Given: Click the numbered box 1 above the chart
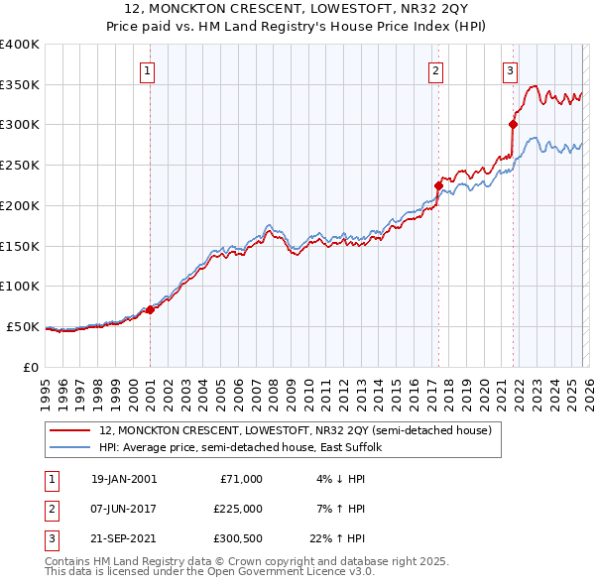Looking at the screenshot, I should coord(147,70).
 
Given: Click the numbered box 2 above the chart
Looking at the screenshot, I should coord(435,70).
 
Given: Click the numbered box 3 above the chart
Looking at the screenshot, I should coord(510,70).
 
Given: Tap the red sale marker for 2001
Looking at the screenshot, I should coord(150,309).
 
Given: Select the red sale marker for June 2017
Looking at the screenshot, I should coord(437,184).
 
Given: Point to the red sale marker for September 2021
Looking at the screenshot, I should coord(513,124).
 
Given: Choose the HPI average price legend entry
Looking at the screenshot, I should coord(247,448).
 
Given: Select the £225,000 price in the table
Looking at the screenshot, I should coord(237,509).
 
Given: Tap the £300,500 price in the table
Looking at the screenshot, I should coord(237,539).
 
